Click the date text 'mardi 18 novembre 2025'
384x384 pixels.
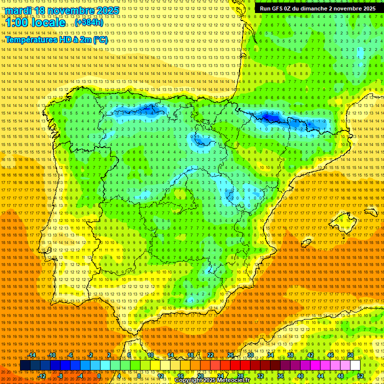tap(62, 10)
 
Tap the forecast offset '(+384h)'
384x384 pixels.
tap(88, 22)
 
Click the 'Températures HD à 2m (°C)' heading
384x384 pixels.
tap(56, 40)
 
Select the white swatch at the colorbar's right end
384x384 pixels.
tap(355, 365)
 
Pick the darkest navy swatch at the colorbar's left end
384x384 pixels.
tap(25, 365)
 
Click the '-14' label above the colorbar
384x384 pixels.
tap(32, 355)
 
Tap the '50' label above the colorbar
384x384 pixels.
tap(350, 355)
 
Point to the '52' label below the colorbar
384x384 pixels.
tap(360, 375)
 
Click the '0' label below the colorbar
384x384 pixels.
tap(99, 375)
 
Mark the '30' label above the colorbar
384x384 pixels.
tap(250, 355)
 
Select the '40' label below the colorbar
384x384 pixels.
tap(300, 375)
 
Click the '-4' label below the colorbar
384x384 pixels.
tap(80, 375)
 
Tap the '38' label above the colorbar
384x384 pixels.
tap(290, 355)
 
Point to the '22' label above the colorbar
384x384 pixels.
tap(210, 355)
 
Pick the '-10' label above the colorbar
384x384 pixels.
tap(51, 355)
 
